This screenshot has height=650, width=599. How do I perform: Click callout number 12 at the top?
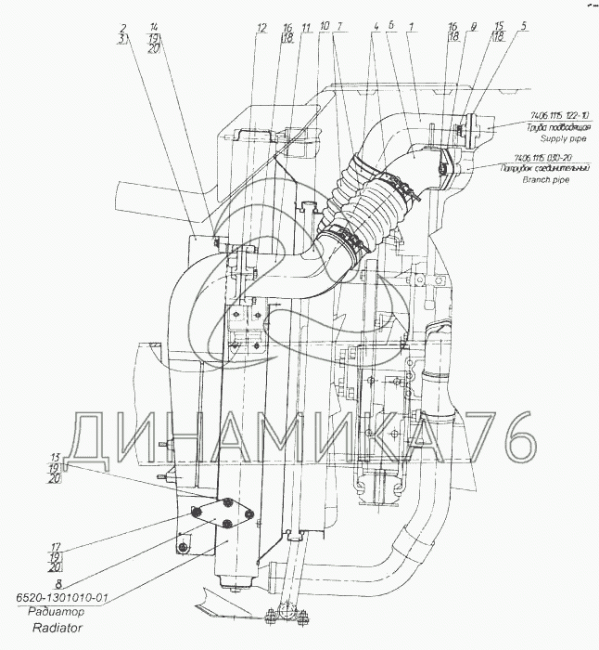[x=262, y=27]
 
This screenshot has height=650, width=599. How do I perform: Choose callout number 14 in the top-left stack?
[x=153, y=27]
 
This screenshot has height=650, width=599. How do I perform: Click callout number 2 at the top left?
[x=122, y=27]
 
